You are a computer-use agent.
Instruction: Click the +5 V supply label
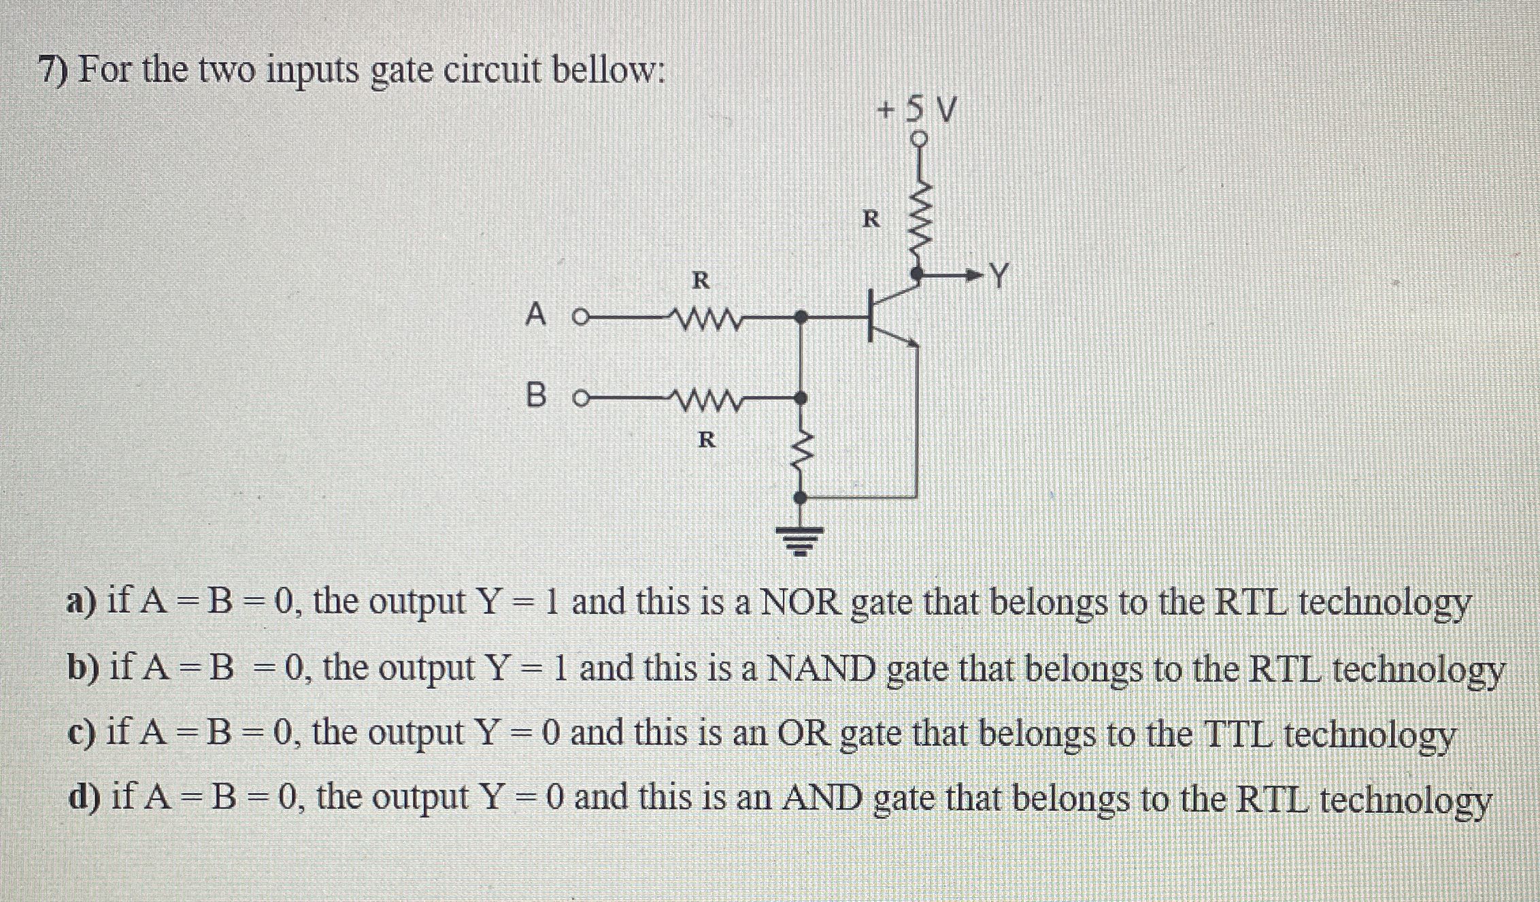pyautogui.click(x=918, y=109)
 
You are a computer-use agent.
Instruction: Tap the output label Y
pyautogui.click(x=998, y=276)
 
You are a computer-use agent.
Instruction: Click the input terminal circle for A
pyautogui.click(x=580, y=317)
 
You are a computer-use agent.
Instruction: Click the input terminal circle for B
pyautogui.click(x=580, y=398)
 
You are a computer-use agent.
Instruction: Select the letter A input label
pyautogui.click(x=536, y=315)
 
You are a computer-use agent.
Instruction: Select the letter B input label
pyautogui.click(x=536, y=396)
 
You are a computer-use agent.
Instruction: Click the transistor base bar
pyautogui.click(x=871, y=315)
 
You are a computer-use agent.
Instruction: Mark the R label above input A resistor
pyautogui.click(x=701, y=280)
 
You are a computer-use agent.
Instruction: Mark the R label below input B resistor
pyautogui.click(x=707, y=440)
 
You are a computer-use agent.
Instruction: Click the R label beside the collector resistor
pyautogui.click(x=871, y=219)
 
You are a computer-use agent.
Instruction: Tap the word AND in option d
pyautogui.click(x=822, y=798)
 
